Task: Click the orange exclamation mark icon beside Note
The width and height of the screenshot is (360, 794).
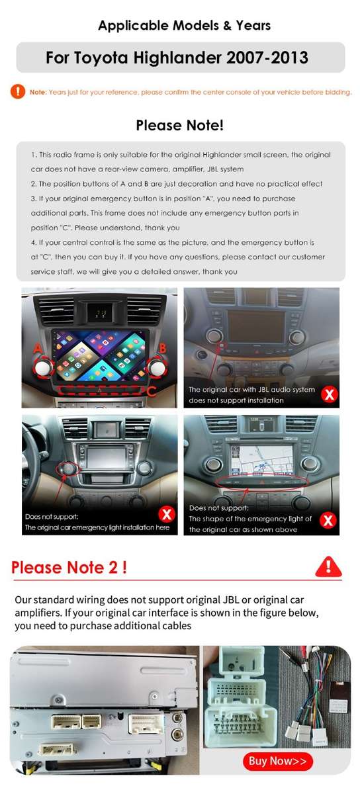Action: [18, 91]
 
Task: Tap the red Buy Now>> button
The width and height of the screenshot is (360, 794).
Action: [277, 761]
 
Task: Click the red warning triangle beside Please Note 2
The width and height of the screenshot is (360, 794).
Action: [328, 566]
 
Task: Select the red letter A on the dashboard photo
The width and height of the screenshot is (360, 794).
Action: [38, 349]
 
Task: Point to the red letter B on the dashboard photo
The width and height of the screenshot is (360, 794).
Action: [162, 348]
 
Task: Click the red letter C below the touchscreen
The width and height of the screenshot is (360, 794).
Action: [152, 392]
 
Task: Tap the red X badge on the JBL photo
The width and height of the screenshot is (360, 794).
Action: [329, 394]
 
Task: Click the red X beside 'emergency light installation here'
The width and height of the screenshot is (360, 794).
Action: [167, 514]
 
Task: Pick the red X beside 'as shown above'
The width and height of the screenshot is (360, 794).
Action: [328, 520]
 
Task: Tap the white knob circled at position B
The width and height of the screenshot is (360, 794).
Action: [156, 368]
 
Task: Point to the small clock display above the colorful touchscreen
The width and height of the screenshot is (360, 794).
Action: [101, 313]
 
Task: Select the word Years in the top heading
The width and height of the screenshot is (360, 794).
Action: [253, 25]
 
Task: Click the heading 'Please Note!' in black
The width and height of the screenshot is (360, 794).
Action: [180, 125]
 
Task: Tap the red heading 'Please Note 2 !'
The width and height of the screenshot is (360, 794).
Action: [69, 567]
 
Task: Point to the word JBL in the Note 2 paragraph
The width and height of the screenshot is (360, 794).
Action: [231, 599]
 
